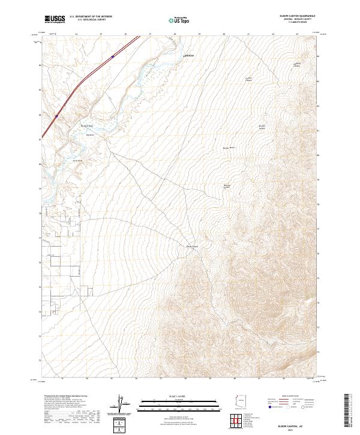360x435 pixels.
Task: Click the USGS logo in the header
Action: [x=55, y=19]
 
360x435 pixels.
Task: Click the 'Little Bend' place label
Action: [x=77, y=161]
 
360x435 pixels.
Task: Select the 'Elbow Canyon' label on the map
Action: [x=191, y=247]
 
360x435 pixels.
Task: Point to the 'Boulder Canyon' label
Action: [x=262, y=127]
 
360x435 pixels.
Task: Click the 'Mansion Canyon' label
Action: [x=227, y=187]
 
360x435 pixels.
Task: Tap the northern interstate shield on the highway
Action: [x=112, y=57]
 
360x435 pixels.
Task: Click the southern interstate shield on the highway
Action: [x=57, y=116]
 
